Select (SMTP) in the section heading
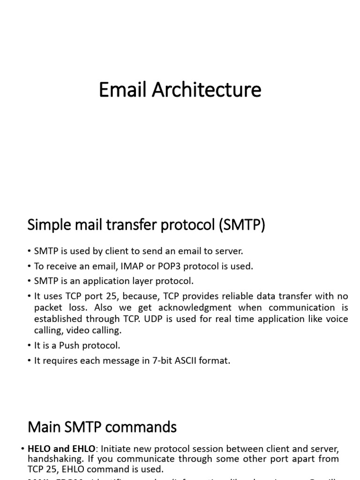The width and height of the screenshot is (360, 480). (x=241, y=225)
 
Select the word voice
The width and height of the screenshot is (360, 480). (x=336, y=319)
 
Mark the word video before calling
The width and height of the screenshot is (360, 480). (x=78, y=330)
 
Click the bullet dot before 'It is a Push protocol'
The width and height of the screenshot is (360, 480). (x=30, y=345)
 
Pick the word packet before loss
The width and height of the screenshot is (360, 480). (x=48, y=307)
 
